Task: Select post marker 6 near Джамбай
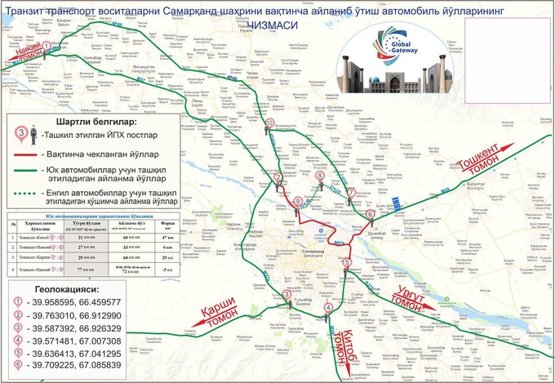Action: pyautogui.click(x=370, y=214)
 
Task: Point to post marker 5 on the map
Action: pyautogui.click(x=347, y=262)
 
